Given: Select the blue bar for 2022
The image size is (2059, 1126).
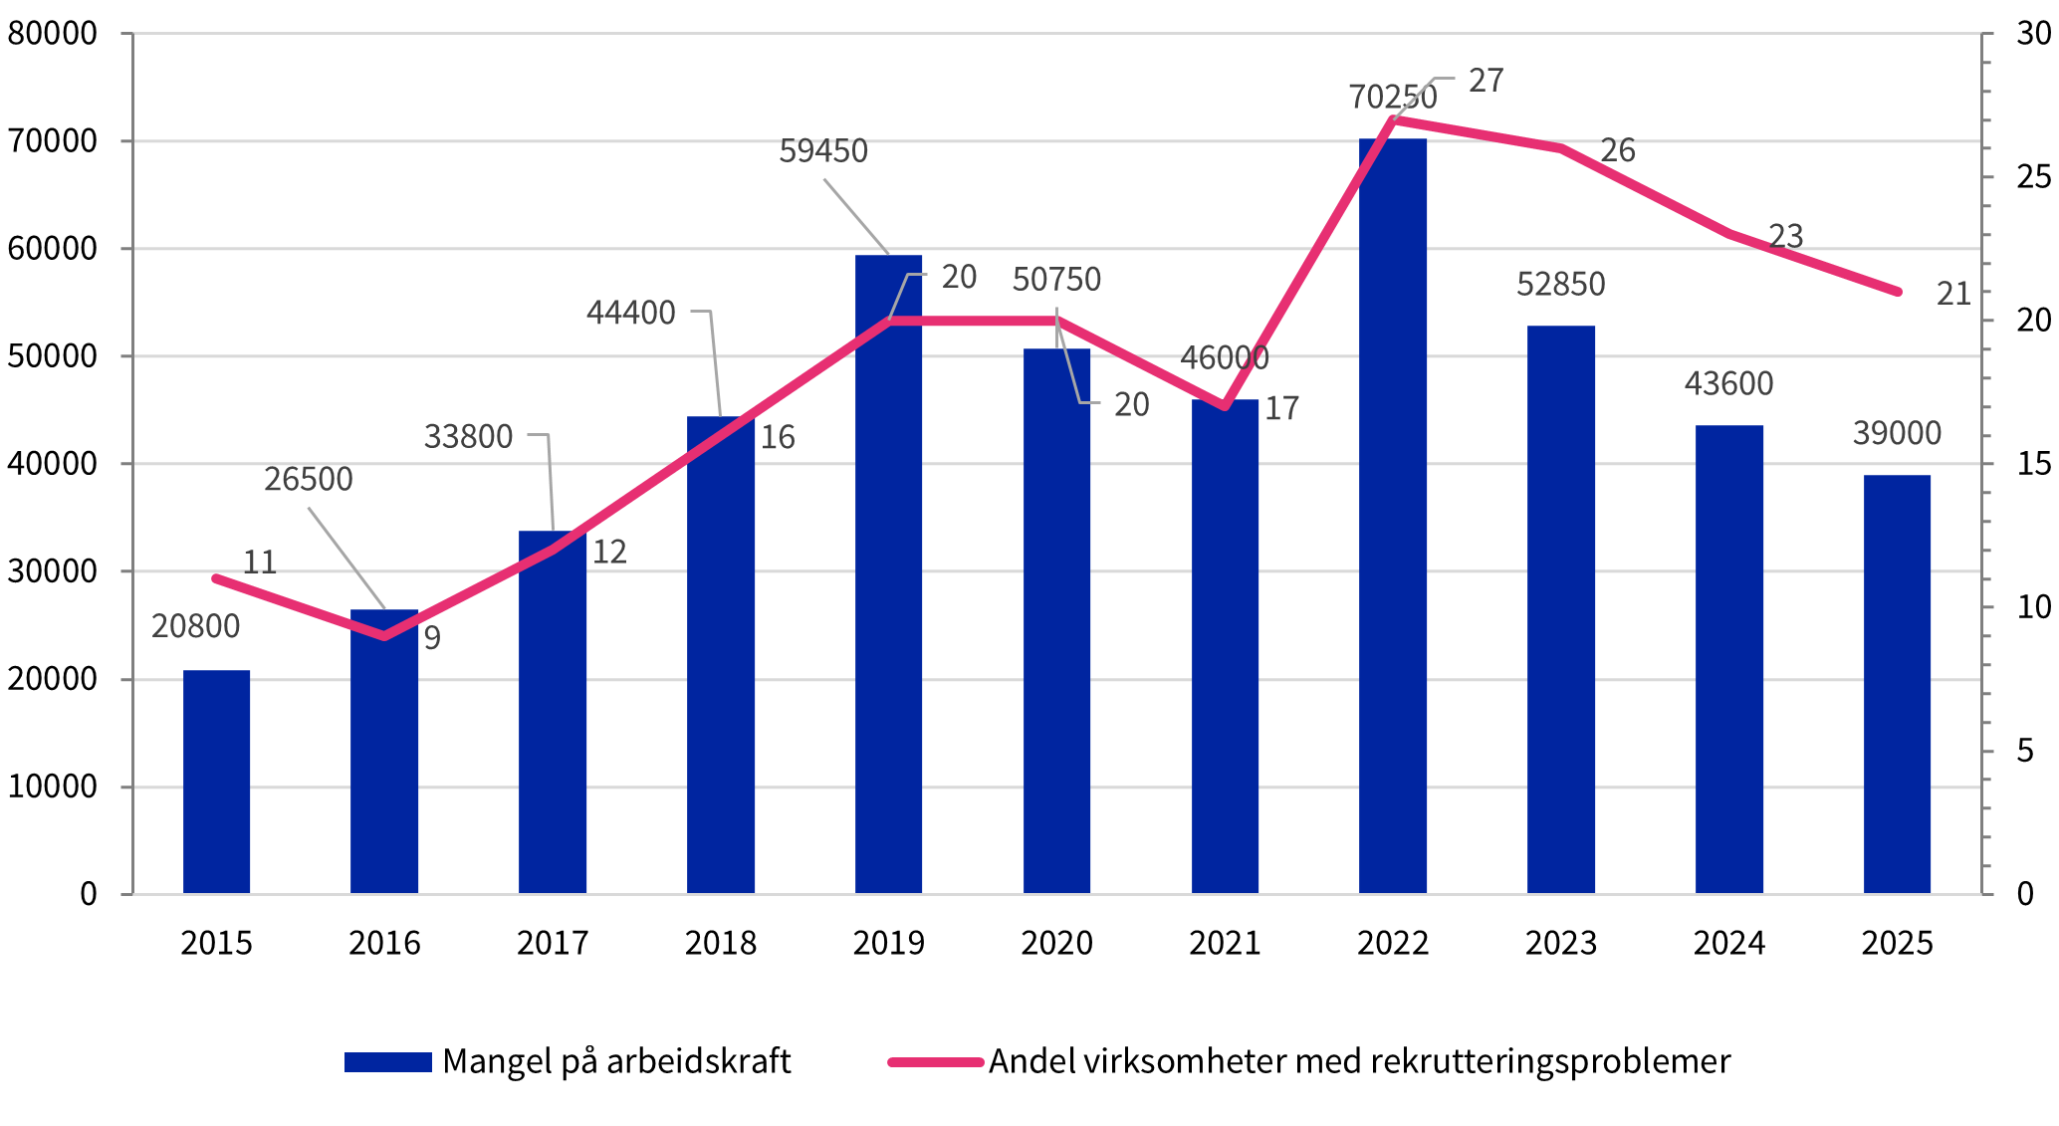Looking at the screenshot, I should tap(1392, 518).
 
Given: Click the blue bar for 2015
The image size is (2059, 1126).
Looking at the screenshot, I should tap(216, 782).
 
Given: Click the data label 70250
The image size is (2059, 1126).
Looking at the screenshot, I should tap(1392, 97).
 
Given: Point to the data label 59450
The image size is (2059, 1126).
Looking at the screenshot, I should tap(822, 150).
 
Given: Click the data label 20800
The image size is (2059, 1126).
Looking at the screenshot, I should tap(195, 626).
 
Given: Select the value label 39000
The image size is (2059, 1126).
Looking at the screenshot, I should tap(1897, 433).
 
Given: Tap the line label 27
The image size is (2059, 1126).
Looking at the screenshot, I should tap(1486, 81).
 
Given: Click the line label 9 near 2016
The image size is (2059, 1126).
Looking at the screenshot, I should tap(432, 638).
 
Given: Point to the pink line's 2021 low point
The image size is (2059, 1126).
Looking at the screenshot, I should tap(1225, 406).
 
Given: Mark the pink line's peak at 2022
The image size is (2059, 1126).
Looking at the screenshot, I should tap(1392, 119).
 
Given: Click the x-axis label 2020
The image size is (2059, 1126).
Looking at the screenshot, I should tap(1056, 943).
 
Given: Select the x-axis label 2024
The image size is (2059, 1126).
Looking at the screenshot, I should tap(1728, 943).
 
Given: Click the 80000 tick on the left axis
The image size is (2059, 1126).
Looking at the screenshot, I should tap(52, 34).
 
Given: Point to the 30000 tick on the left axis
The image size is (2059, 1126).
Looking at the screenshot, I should tap(52, 571).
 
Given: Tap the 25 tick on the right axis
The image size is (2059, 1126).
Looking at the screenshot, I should tap(2033, 177).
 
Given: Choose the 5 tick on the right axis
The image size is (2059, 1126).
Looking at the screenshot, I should tap(2025, 751).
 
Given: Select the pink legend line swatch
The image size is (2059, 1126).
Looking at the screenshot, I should tap(935, 1062).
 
